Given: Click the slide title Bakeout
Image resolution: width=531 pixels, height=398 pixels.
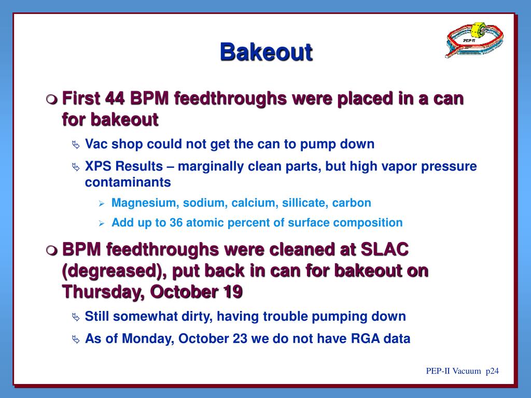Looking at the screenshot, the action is coord(266,52).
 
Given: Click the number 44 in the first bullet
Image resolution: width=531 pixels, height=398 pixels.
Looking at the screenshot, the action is coord(115,98).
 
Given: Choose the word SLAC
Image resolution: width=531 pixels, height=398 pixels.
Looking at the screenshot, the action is coord(385,249).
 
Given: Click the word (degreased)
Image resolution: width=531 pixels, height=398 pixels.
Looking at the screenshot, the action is coord(115,271).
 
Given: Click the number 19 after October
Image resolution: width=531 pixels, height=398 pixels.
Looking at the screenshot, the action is coord(232,291).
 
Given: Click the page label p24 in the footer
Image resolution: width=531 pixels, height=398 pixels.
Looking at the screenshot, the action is coord(492,371).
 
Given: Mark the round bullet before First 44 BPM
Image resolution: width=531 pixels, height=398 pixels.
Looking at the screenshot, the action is coord(51,99).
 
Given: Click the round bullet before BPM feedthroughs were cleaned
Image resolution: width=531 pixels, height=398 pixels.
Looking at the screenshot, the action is coord(51,250).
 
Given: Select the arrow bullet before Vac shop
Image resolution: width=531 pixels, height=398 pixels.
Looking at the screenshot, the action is coord(76,145).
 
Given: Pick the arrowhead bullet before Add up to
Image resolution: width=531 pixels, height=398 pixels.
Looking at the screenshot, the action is coord(101,224).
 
